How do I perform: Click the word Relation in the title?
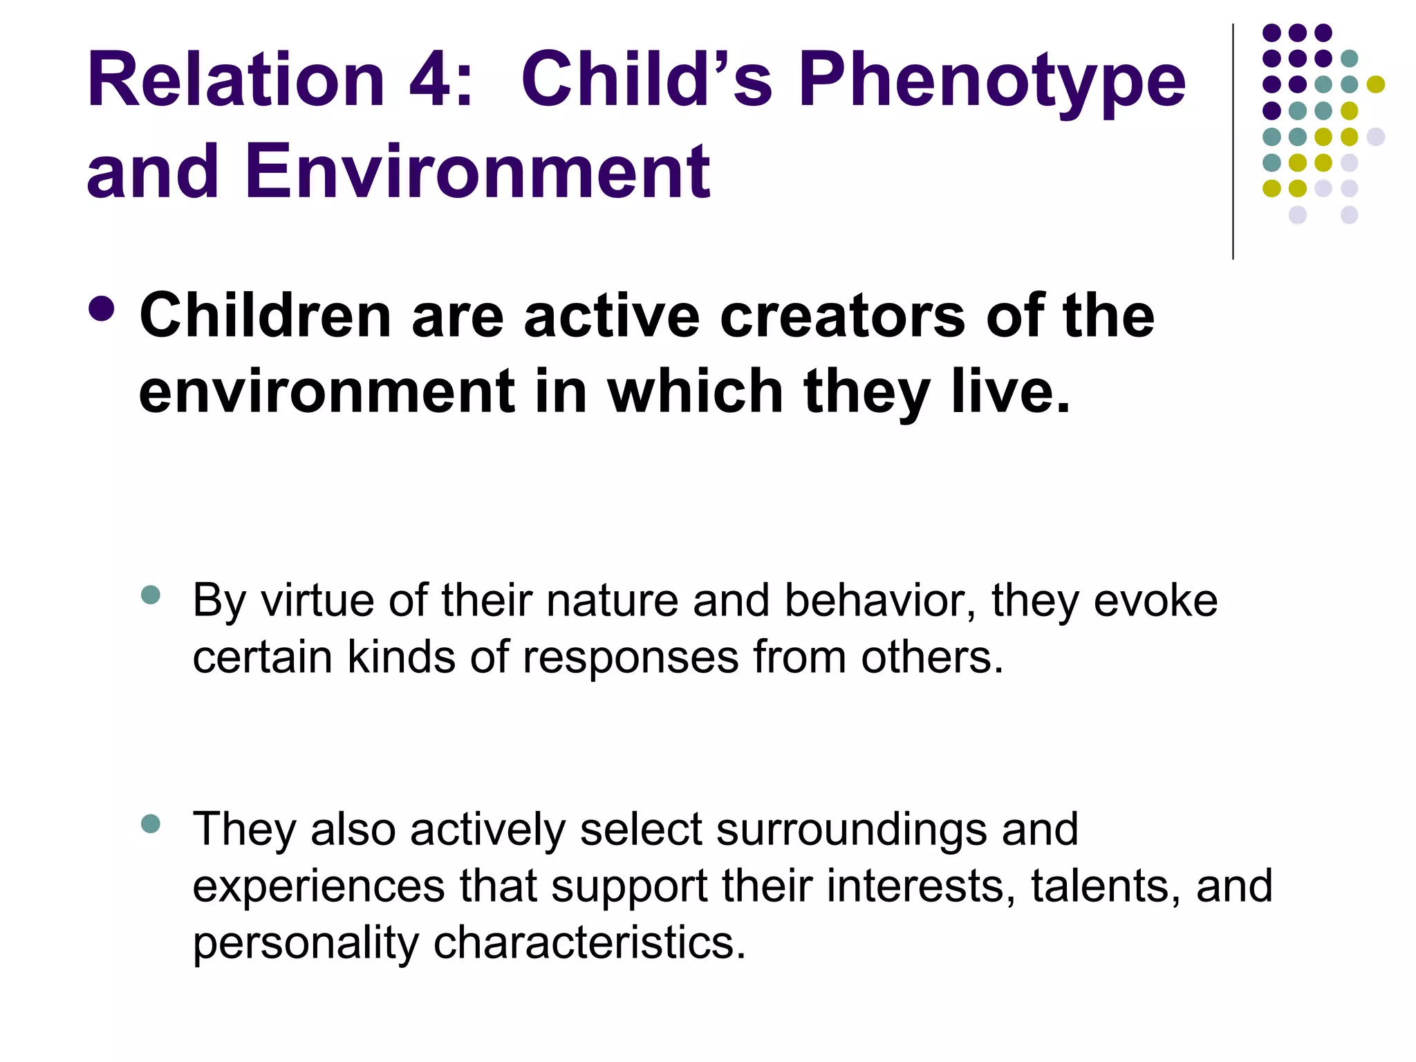pos(235,80)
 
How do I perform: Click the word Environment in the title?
pos(477,171)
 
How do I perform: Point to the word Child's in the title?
pos(646,80)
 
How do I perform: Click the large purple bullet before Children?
pos(102,309)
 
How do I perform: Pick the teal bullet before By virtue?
pos(150,595)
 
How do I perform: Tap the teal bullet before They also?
pos(150,823)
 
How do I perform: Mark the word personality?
pos(306,944)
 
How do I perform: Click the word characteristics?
pos(589,942)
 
